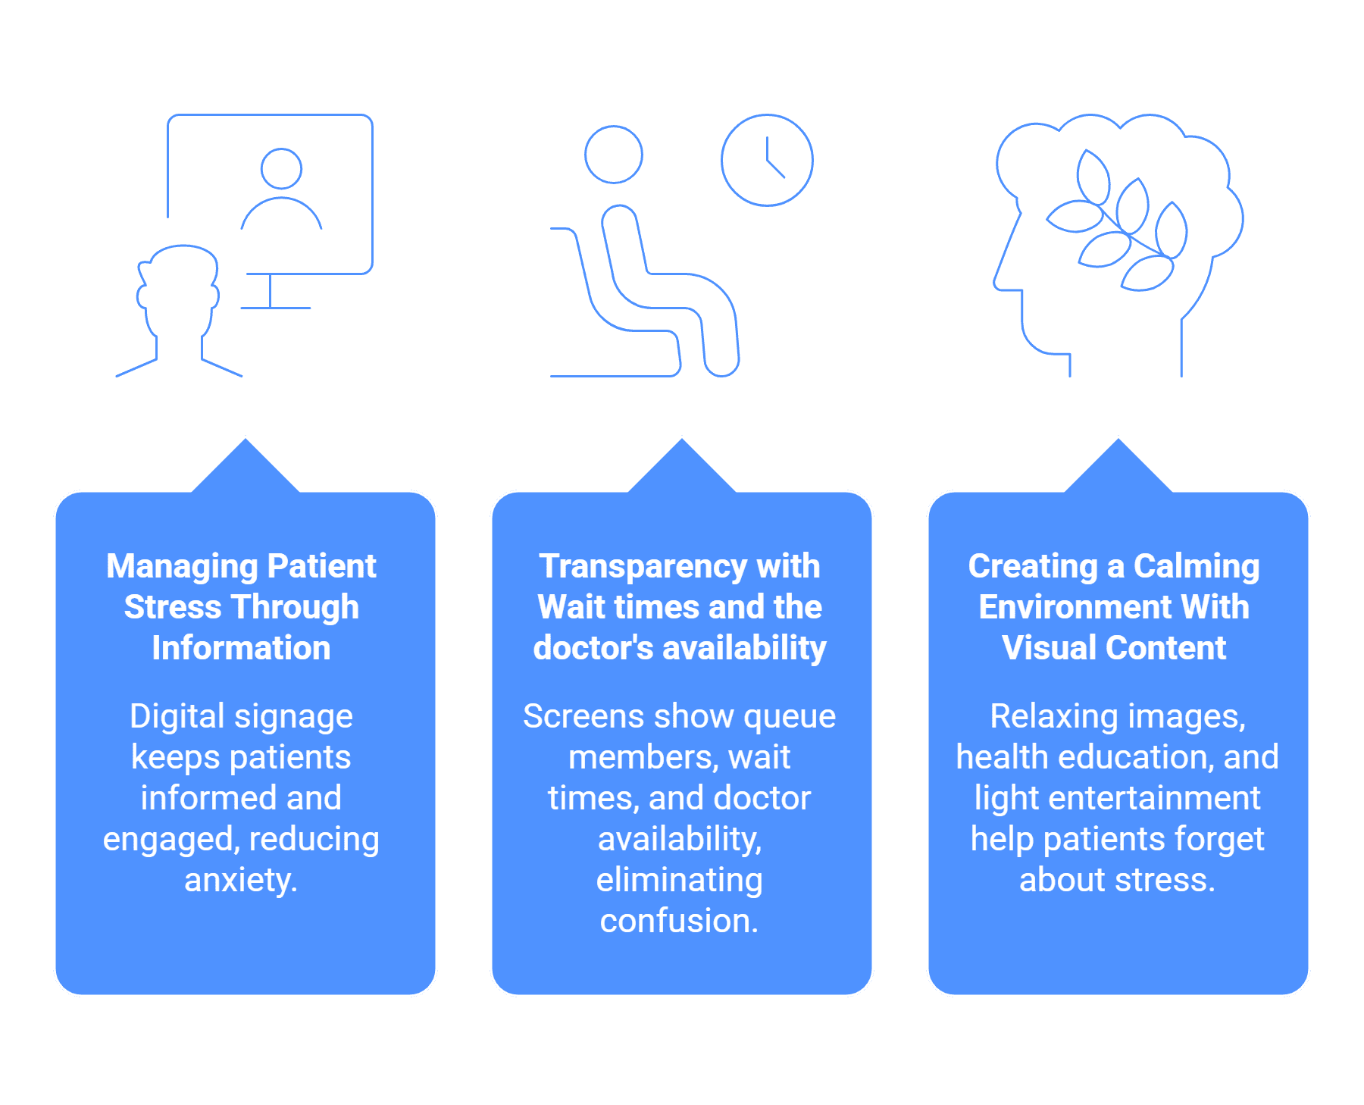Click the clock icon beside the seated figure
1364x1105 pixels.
[767, 115]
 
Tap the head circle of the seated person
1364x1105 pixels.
[614, 127]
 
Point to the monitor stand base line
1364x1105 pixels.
[275, 308]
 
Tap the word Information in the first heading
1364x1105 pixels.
[241, 648]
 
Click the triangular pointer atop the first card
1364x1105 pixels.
[246, 467]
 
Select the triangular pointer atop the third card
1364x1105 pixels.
[1118, 467]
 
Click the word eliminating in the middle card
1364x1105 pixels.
[680, 881]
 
